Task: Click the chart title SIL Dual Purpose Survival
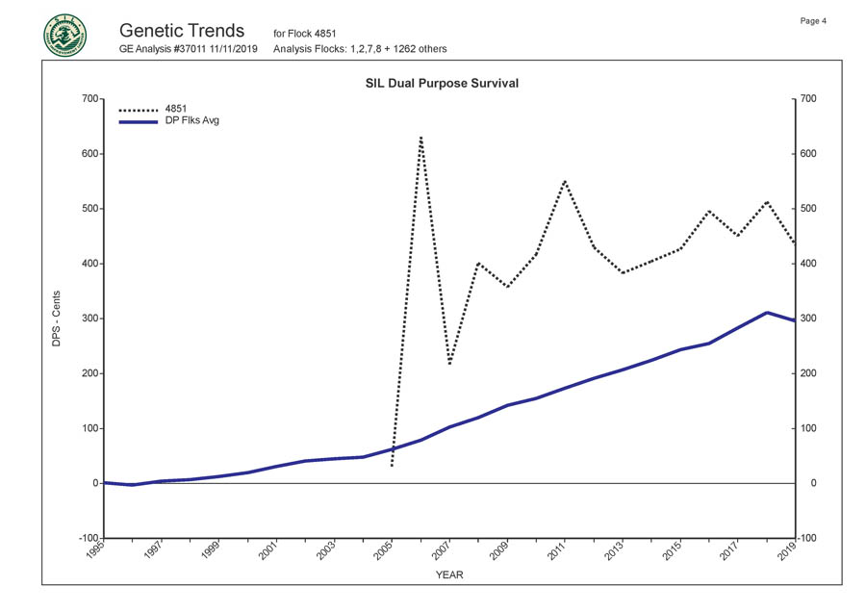tap(442, 84)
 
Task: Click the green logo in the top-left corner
tap(64, 36)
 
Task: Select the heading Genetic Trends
tap(182, 30)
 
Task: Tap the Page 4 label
tap(813, 21)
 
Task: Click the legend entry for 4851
tap(177, 109)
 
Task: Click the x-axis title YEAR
tap(448, 574)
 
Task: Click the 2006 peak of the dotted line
tap(420, 138)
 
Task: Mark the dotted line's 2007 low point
tap(449, 364)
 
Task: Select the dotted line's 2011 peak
tap(565, 180)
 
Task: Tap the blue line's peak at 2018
tap(766, 312)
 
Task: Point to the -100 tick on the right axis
tap(807, 538)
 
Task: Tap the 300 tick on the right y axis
tap(807, 319)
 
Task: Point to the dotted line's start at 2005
tap(392, 467)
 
